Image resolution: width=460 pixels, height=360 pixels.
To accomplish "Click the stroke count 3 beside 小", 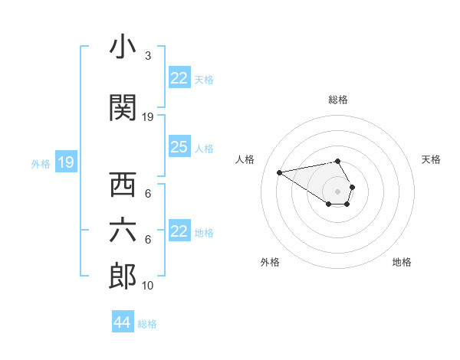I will [147, 56].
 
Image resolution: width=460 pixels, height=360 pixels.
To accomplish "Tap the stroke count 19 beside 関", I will [148, 116].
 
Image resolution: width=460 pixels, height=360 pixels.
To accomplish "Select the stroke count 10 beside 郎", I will [148, 285].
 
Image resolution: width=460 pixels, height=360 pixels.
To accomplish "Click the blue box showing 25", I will [179, 147].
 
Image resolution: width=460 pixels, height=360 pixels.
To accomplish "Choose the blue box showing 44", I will [123, 322].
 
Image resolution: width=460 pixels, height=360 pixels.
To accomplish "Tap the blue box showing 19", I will [66, 162].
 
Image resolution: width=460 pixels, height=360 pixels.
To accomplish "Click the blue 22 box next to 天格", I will [179, 78].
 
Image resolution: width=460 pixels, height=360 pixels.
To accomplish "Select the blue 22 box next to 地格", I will [179, 231].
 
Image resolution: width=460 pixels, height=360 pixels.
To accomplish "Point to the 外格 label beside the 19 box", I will [41, 163].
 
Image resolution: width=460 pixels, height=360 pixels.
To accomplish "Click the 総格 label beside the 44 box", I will [147, 324].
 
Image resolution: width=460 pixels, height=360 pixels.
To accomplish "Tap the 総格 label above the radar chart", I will [338, 100].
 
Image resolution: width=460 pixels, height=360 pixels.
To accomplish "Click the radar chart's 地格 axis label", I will [402, 262].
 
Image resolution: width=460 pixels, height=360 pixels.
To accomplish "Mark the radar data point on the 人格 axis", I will [280, 172].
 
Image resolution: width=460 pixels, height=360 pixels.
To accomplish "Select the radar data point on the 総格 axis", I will [338, 161].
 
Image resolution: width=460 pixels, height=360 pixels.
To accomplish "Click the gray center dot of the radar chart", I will [338, 191].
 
